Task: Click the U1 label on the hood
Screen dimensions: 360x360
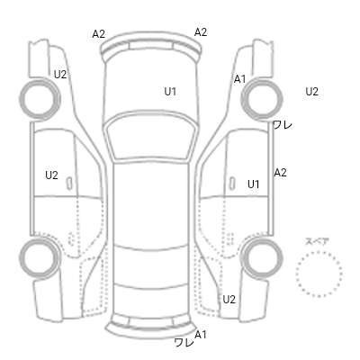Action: coord(170,92)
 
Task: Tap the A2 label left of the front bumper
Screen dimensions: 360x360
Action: coord(98,34)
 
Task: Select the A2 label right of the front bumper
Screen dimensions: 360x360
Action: coord(201,32)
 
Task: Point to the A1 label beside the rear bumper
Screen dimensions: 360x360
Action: coord(201,335)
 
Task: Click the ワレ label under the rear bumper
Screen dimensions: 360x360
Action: coord(184,342)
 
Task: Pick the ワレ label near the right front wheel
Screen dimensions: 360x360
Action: coord(283,125)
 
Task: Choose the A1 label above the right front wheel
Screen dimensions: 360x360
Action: coord(239,79)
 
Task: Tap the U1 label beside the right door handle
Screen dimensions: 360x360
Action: coord(254,184)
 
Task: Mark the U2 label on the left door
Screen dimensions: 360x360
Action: coord(51,175)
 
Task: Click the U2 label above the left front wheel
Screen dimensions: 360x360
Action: coord(60,75)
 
